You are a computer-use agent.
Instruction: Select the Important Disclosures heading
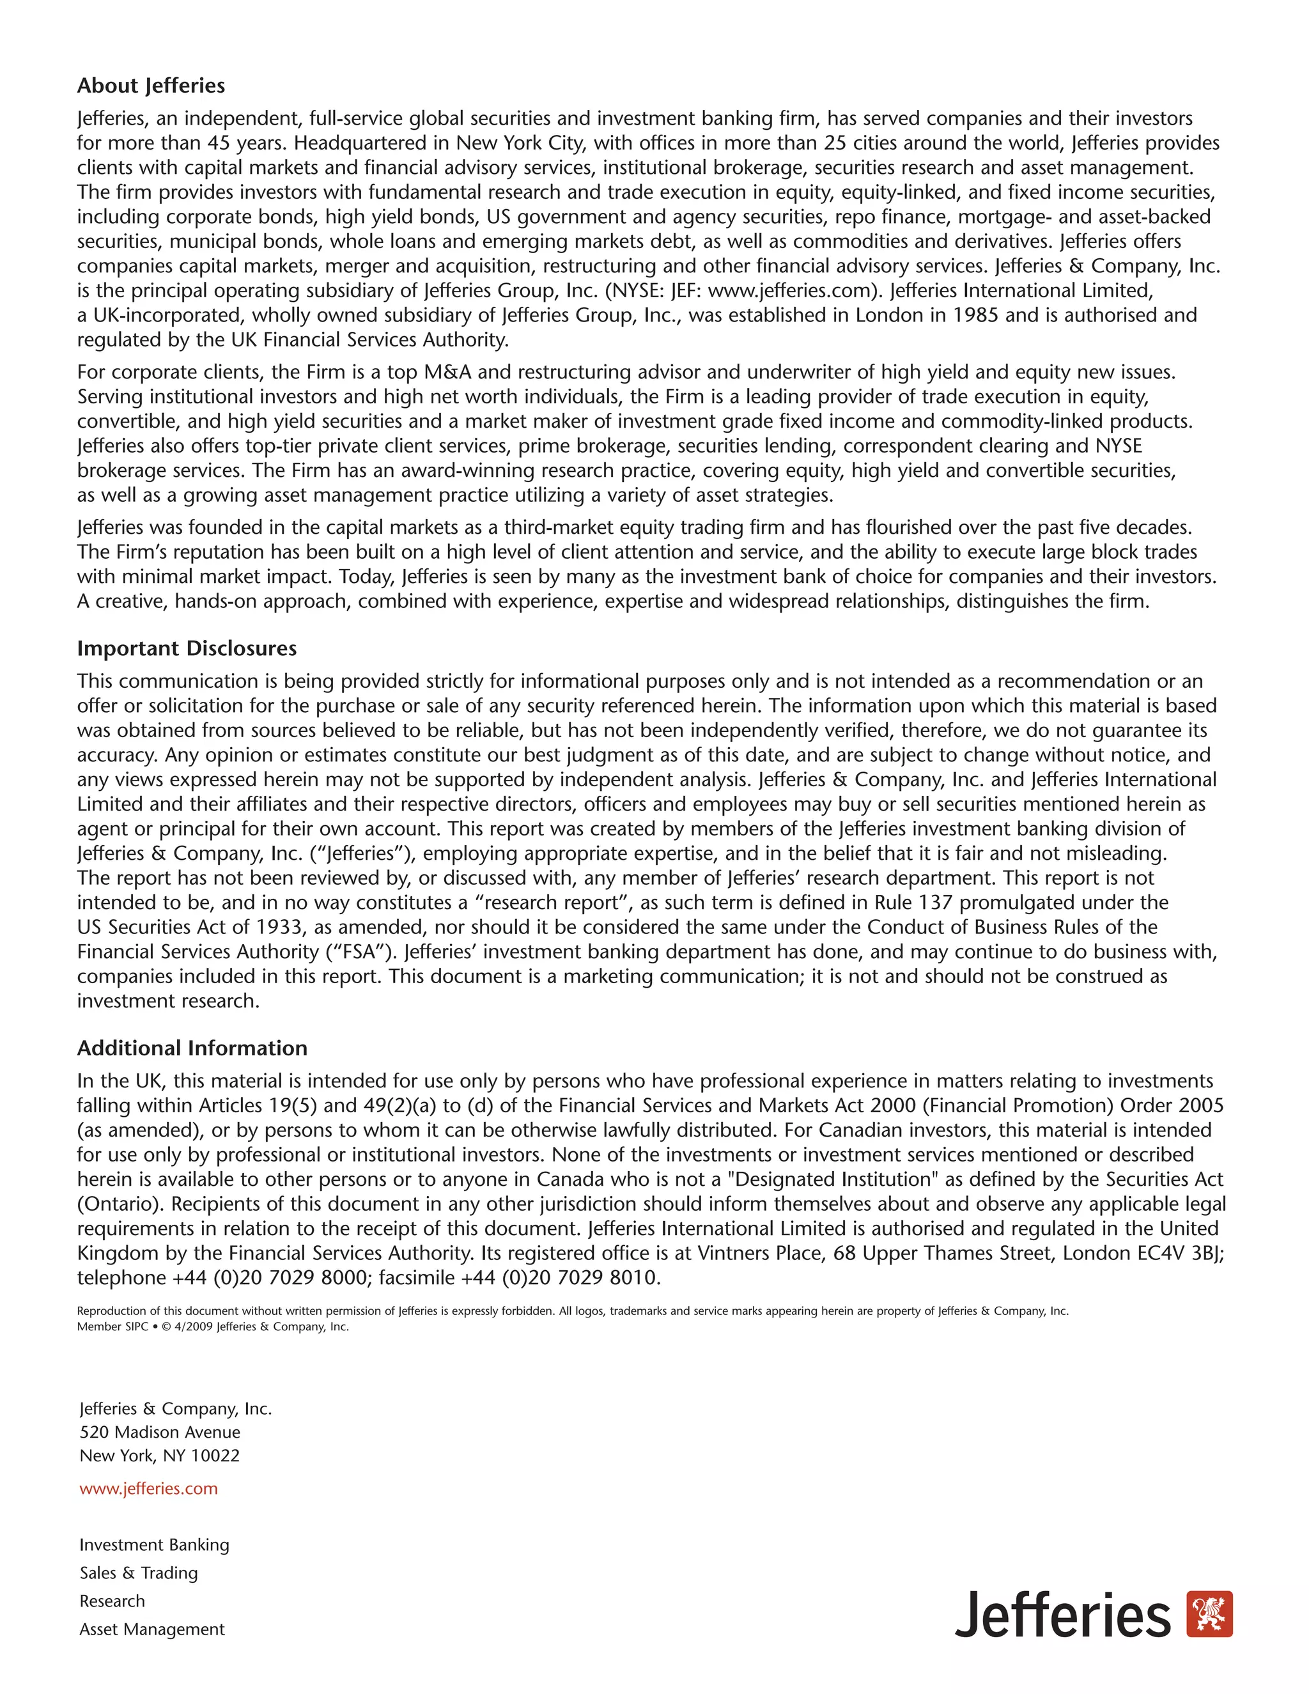[x=186, y=648]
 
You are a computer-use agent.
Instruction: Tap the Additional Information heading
[x=192, y=1048]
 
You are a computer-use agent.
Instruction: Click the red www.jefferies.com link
[x=148, y=1488]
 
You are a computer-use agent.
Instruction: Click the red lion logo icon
[x=1210, y=1614]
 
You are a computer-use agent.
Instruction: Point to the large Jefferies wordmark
[x=1062, y=1615]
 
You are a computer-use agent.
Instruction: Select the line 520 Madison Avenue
[x=160, y=1432]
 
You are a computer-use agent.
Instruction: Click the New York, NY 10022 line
[x=160, y=1455]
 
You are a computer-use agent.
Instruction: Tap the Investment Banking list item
[x=154, y=1544]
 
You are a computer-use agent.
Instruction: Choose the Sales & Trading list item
[x=139, y=1573]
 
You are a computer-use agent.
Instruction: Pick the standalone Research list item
[x=112, y=1600]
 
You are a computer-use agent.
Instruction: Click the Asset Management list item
[x=152, y=1629]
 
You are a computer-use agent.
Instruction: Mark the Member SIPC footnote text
[x=112, y=1326]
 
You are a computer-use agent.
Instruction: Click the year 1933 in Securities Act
[x=279, y=927]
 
